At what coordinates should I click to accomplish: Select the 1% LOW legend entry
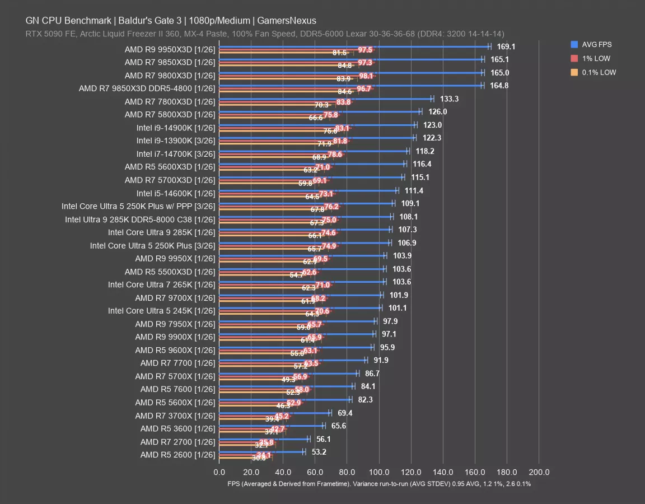point(595,58)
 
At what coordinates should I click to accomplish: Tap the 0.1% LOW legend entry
point(598,72)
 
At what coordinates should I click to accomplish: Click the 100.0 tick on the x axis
point(379,472)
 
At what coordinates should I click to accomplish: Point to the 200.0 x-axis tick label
point(539,472)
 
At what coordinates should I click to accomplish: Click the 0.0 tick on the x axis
point(219,472)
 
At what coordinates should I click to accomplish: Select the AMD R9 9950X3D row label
point(170,49)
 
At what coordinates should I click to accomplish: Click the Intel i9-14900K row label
point(175,128)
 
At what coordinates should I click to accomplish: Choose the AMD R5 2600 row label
point(177,455)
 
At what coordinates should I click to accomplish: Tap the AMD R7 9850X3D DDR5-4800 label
point(147,88)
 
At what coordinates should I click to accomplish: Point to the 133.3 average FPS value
point(450,99)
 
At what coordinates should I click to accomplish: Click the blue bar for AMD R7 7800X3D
point(325,99)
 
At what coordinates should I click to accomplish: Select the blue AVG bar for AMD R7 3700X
point(274,413)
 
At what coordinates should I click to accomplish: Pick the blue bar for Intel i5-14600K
point(308,190)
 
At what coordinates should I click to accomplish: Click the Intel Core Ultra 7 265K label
point(161,284)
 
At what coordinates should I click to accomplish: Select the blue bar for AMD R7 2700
point(264,439)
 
